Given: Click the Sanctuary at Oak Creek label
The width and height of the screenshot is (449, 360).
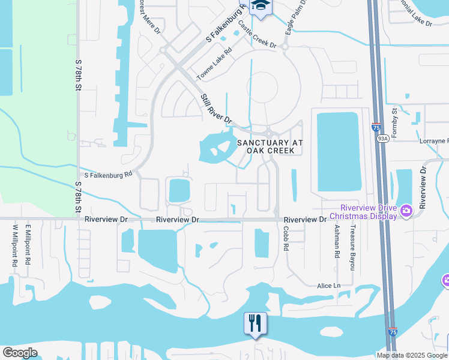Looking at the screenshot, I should [270, 146].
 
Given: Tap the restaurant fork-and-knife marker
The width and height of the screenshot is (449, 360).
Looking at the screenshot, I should [255, 323].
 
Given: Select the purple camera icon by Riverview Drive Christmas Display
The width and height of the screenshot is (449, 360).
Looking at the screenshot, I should [406, 211].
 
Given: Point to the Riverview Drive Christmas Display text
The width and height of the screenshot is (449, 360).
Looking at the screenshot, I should [363, 212].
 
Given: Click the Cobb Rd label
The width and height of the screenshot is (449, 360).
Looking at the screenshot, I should [286, 238].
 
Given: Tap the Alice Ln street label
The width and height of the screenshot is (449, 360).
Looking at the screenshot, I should [328, 286].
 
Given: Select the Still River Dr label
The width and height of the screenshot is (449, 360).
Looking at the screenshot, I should [216, 109].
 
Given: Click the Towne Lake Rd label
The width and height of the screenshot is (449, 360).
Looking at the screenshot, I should [214, 65].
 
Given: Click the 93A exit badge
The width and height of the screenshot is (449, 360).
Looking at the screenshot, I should [382, 138].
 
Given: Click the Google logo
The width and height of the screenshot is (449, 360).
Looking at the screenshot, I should [20, 353].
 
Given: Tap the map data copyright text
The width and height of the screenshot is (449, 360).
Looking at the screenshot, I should [412, 355].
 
